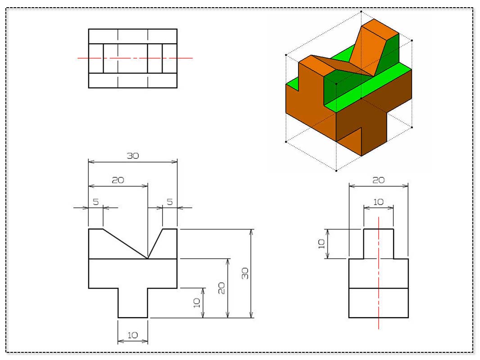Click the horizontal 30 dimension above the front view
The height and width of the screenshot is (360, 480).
point(133,156)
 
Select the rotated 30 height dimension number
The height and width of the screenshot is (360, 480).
point(245,273)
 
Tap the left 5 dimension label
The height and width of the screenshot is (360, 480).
point(96,202)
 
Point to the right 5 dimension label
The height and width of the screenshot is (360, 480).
point(170,202)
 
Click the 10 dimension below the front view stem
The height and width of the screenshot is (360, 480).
point(132,336)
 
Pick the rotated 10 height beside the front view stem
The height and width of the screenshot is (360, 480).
point(197,303)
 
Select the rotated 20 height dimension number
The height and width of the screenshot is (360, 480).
point(222,288)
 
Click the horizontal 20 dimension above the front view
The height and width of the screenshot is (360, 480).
point(118,180)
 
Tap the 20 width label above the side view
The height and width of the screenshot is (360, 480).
point(379,180)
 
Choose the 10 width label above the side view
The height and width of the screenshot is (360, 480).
point(379,202)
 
